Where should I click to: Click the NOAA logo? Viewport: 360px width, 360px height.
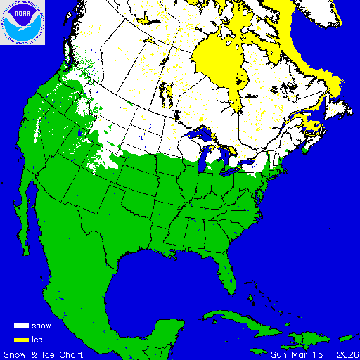(x=23, y=23)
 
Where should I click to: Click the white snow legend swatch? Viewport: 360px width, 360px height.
(x=21, y=326)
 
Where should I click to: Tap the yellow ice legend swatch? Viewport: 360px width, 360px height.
(x=21, y=340)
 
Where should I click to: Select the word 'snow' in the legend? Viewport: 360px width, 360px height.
(x=41, y=326)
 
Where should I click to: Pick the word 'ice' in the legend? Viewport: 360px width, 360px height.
(x=37, y=340)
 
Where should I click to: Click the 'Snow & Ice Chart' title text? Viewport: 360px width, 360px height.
(x=44, y=354)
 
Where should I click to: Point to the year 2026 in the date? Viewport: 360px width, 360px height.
(x=347, y=354)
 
